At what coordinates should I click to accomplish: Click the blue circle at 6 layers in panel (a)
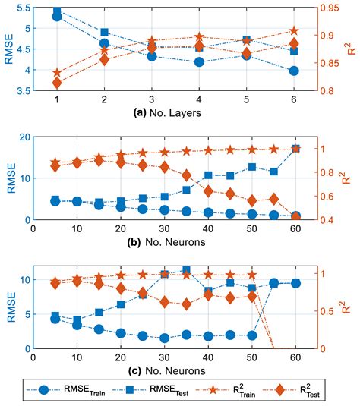(294, 71)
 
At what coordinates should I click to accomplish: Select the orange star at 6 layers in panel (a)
(294, 31)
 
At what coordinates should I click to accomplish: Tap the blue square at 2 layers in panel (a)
(104, 33)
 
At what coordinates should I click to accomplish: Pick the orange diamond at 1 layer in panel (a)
(57, 82)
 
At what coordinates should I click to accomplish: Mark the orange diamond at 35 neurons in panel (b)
(187, 175)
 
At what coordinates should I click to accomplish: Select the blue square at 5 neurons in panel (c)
(55, 316)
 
